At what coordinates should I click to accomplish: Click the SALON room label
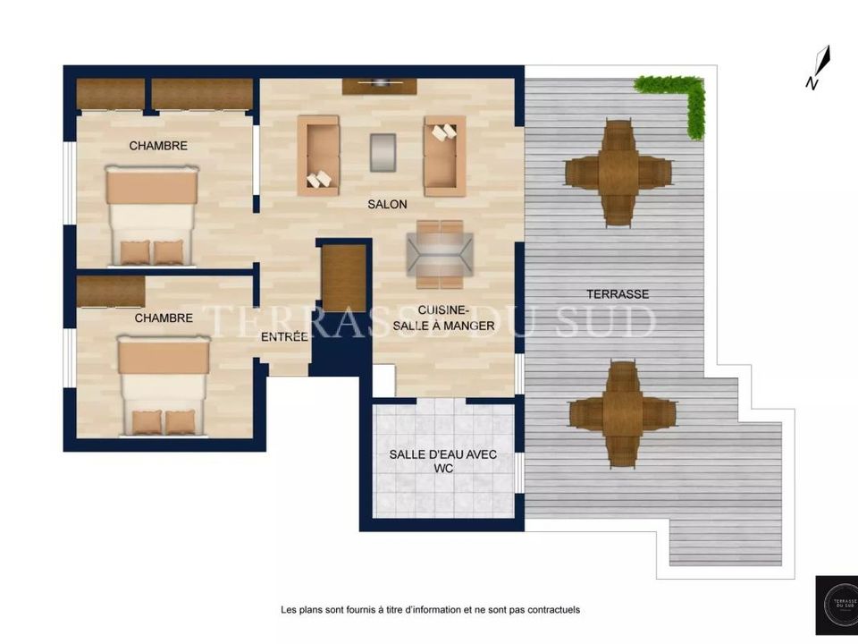tap(387, 204)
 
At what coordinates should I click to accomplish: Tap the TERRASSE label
tap(618, 294)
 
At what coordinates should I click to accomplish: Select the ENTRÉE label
tap(284, 337)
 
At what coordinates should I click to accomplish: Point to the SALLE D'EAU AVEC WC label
tap(443, 462)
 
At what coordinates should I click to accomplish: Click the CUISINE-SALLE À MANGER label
tap(444, 318)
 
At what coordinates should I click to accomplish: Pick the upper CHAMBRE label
tap(158, 146)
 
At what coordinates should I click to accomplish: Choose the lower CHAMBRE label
tap(164, 318)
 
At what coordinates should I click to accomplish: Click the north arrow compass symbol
tap(818, 67)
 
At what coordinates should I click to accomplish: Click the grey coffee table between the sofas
tap(383, 152)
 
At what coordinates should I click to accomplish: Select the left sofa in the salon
tap(318, 156)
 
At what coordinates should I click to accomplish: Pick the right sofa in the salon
tap(445, 156)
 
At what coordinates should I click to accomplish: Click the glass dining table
tap(440, 254)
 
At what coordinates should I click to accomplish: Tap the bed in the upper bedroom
tap(152, 216)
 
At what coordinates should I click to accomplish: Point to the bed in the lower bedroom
tap(164, 386)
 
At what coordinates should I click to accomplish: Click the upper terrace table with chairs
tap(618, 173)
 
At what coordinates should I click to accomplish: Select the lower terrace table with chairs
tap(623, 414)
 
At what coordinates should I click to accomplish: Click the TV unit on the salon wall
tap(380, 86)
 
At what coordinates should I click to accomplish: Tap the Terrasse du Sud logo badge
tap(837, 606)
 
